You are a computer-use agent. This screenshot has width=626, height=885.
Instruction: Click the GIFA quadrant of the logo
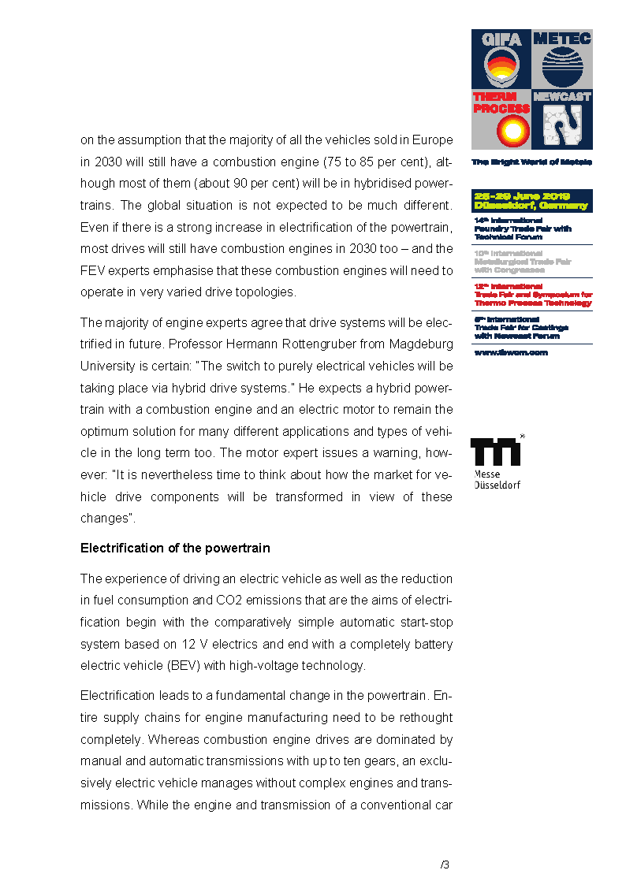click(x=501, y=59)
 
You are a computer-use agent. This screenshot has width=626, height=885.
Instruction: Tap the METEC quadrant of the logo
click(x=561, y=59)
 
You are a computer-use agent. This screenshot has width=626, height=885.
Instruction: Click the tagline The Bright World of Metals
click(x=531, y=162)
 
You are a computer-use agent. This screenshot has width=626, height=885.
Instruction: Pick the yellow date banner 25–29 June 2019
click(x=531, y=201)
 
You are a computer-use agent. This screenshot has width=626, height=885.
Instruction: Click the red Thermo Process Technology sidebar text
click(x=533, y=295)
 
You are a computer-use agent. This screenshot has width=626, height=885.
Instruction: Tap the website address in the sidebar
click(x=510, y=352)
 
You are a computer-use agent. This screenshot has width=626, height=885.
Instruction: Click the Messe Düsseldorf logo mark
click(x=497, y=452)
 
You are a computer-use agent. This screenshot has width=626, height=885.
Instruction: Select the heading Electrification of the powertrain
click(x=175, y=548)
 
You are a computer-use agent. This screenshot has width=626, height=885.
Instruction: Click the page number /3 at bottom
click(x=445, y=865)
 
